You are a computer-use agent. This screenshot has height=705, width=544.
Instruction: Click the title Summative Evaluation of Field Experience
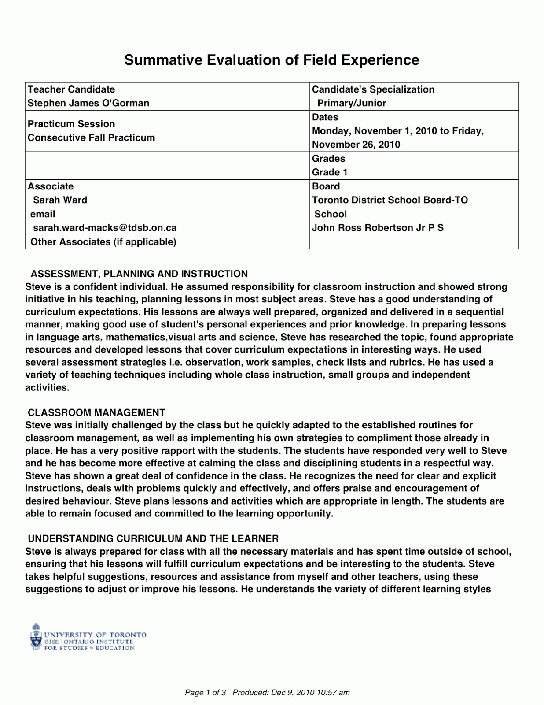point(272,60)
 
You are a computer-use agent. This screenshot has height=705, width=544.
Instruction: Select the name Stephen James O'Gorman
point(88,103)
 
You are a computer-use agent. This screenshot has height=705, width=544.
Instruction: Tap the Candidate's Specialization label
point(373,89)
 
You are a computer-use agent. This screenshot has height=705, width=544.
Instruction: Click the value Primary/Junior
point(352,103)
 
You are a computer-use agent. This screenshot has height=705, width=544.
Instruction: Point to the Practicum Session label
point(71,124)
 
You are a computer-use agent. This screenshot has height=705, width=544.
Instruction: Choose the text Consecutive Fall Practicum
point(91,137)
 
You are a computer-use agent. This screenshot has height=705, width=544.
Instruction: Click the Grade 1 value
point(330,172)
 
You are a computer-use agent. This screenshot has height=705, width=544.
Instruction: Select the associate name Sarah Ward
point(60,200)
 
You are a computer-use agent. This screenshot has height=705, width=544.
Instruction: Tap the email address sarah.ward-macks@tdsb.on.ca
point(105,228)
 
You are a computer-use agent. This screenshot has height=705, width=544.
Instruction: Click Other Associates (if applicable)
point(103,242)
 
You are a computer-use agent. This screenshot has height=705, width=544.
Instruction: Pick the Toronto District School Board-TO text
point(390,200)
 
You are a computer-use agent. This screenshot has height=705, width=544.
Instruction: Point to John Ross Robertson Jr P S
point(378,228)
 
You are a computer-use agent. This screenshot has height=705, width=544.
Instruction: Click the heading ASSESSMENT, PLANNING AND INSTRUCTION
point(139,274)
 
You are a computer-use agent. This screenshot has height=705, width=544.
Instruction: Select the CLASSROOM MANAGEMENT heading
point(96,412)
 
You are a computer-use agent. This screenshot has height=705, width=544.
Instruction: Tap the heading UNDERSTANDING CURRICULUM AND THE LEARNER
point(153,538)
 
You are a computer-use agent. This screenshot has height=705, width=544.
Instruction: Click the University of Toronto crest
point(36,637)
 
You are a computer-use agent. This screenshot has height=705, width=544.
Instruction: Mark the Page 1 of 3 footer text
point(205,693)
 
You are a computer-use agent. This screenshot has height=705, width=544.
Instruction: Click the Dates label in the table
point(325,117)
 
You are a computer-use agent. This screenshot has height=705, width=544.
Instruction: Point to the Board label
point(326,186)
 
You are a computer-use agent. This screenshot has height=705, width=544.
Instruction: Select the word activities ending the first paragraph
point(47,388)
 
